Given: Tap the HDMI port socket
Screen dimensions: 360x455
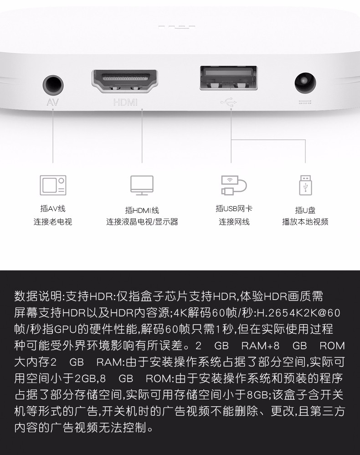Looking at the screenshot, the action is tap(125, 81).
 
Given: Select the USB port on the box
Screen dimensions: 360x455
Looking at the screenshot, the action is tap(229, 78).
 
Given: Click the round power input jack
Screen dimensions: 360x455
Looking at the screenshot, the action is tap(305, 83).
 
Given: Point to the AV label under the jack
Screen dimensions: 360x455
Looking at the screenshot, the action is tap(52, 102).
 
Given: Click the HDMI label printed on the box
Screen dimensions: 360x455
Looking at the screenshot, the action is tap(125, 102).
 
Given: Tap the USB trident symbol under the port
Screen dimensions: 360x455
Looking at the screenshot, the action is tap(229, 102).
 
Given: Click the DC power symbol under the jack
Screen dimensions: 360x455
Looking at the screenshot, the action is tap(305, 102).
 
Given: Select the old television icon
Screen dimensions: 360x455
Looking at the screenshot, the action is tap(53, 185).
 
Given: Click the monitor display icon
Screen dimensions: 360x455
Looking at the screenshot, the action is tap(142, 185).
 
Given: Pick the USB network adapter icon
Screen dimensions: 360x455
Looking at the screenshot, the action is tap(234, 185).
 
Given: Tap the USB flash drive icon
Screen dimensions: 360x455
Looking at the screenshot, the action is tap(305, 185).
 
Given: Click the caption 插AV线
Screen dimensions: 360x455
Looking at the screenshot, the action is tap(53, 208).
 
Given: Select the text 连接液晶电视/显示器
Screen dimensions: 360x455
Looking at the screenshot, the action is tap(142, 222).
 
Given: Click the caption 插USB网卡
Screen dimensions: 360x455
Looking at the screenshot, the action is tap(234, 208).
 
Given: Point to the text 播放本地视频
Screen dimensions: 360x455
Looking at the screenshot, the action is tap(305, 222).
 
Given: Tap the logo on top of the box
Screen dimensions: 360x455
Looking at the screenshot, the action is tap(176, 27).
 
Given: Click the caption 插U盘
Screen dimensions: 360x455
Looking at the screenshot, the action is tap(305, 210).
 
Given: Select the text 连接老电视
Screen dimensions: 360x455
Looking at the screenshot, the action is tap(53, 222).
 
